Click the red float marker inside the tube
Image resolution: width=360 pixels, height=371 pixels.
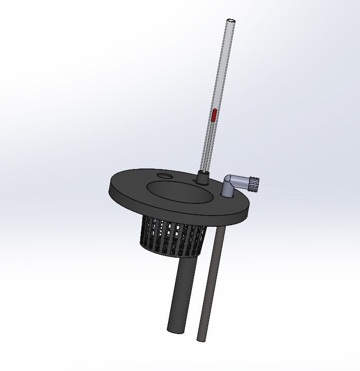(214, 116)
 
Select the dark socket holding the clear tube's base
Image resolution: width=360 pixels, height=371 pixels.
(204, 178)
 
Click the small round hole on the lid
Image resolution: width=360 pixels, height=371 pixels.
(164, 176)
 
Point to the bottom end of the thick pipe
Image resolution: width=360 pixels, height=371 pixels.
(174, 330)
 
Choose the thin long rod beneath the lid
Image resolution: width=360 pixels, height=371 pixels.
(210, 283)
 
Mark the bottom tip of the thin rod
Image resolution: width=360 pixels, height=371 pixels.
(201, 339)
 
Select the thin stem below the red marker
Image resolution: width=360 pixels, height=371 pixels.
(209, 147)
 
